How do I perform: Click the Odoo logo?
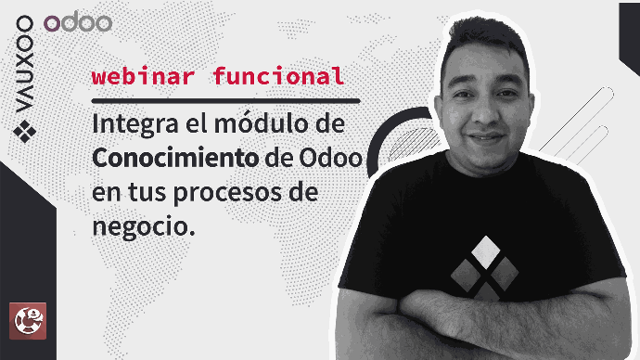point(78,23)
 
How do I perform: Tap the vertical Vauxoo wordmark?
point(24,64)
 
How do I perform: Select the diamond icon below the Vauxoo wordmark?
point(24,132)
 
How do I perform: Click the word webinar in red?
point(143,76)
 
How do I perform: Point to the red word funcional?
point(279,75)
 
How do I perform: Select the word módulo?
point(256,123)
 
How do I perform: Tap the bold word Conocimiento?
point(175,158)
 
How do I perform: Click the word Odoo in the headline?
point(331,158)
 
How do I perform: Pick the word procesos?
point(228,194)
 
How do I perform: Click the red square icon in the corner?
point(28,321)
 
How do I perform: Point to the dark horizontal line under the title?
point(225,101)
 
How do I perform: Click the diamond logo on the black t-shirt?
point(485,268)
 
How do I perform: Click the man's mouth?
point(487,137)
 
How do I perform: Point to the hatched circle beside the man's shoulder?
point(413,144)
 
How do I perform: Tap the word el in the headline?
point(196,123)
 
